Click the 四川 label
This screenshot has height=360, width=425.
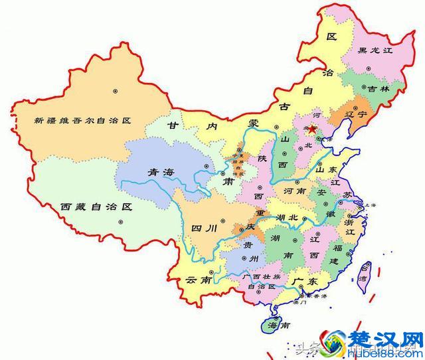coord(205,228)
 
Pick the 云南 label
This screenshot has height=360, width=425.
coord(199,280)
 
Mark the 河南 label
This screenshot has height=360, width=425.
coord(294,191)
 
